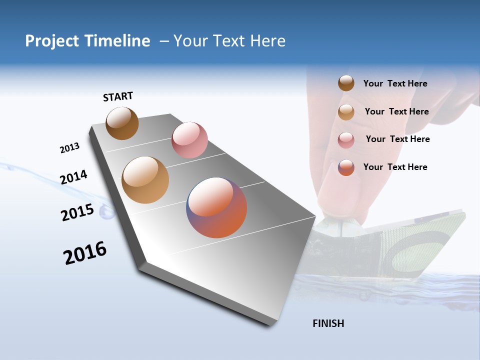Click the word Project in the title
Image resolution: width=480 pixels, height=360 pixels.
(x=52, y=41)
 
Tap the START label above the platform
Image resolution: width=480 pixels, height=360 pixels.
(x=118, y=96)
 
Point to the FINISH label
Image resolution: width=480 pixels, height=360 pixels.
(x=328, y=323)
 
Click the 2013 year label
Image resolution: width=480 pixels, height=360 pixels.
(x=69, y=148)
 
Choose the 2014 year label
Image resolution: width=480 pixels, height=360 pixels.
(x=73, y=177)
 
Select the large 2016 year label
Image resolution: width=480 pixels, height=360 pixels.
(x=85, y=253)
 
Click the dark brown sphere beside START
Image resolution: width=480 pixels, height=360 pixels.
(x=122, y=123)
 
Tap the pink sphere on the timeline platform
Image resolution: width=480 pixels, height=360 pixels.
(x=189, y=140)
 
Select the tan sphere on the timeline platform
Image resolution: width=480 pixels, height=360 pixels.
(x=145, y=180)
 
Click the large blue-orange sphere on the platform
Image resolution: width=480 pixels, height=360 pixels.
(x=216, y=207)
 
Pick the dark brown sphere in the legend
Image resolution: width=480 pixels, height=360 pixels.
(x=346, y=83)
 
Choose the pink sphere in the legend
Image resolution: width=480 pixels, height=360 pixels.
(x=346, y=140)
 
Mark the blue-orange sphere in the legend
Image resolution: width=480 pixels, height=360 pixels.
(x=346, y=167)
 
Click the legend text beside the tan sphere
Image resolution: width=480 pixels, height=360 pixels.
(x=396, y=111)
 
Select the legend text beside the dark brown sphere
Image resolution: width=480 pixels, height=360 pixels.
(x=395, y=83)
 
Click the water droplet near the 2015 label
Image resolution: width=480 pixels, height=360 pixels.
(x=106, y=213)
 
